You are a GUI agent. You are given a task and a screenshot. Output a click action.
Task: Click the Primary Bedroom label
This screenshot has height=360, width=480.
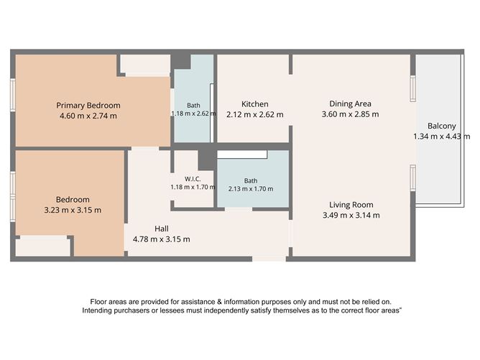point(88,106)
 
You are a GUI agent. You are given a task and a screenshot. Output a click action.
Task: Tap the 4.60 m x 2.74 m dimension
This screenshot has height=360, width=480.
point(88,116)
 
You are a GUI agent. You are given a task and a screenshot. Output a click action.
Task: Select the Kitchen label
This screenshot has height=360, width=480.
point(254,104)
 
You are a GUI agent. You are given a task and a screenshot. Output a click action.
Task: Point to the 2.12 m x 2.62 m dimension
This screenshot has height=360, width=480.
point(254,114)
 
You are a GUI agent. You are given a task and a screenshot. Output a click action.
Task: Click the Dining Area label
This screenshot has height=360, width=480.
point(350,103)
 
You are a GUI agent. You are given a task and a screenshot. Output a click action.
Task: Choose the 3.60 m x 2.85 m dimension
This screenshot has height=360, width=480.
point(350,114)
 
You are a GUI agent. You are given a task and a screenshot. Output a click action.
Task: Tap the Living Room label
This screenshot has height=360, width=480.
point(351,205)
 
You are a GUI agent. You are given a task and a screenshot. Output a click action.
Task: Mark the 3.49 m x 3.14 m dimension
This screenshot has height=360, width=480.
point(351,215)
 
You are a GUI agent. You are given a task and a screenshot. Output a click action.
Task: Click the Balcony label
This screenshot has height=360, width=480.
point(442,126)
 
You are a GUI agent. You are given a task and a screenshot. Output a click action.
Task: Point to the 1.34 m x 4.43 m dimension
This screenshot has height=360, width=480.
point(442,137)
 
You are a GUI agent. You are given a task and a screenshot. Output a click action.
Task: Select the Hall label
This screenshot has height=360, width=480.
point(162,229)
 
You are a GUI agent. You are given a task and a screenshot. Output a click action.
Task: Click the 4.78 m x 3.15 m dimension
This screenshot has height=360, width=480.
point(162,239)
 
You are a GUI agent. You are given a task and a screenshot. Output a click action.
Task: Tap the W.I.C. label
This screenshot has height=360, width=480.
point(193,179)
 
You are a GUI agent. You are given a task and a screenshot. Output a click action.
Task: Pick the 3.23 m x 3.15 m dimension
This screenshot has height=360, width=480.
point(73,210)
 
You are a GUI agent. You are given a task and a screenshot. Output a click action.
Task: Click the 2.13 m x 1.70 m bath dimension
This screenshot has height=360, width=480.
point(251,189)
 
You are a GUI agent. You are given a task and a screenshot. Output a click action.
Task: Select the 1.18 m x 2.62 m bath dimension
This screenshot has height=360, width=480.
point(193,114)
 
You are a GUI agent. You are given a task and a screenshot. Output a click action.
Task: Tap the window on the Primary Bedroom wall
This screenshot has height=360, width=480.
point(12,95)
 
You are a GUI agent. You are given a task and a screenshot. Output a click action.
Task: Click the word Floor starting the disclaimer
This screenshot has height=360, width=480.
point(98,302)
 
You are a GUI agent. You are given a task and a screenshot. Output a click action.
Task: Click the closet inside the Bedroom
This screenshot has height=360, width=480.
point(42,246)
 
